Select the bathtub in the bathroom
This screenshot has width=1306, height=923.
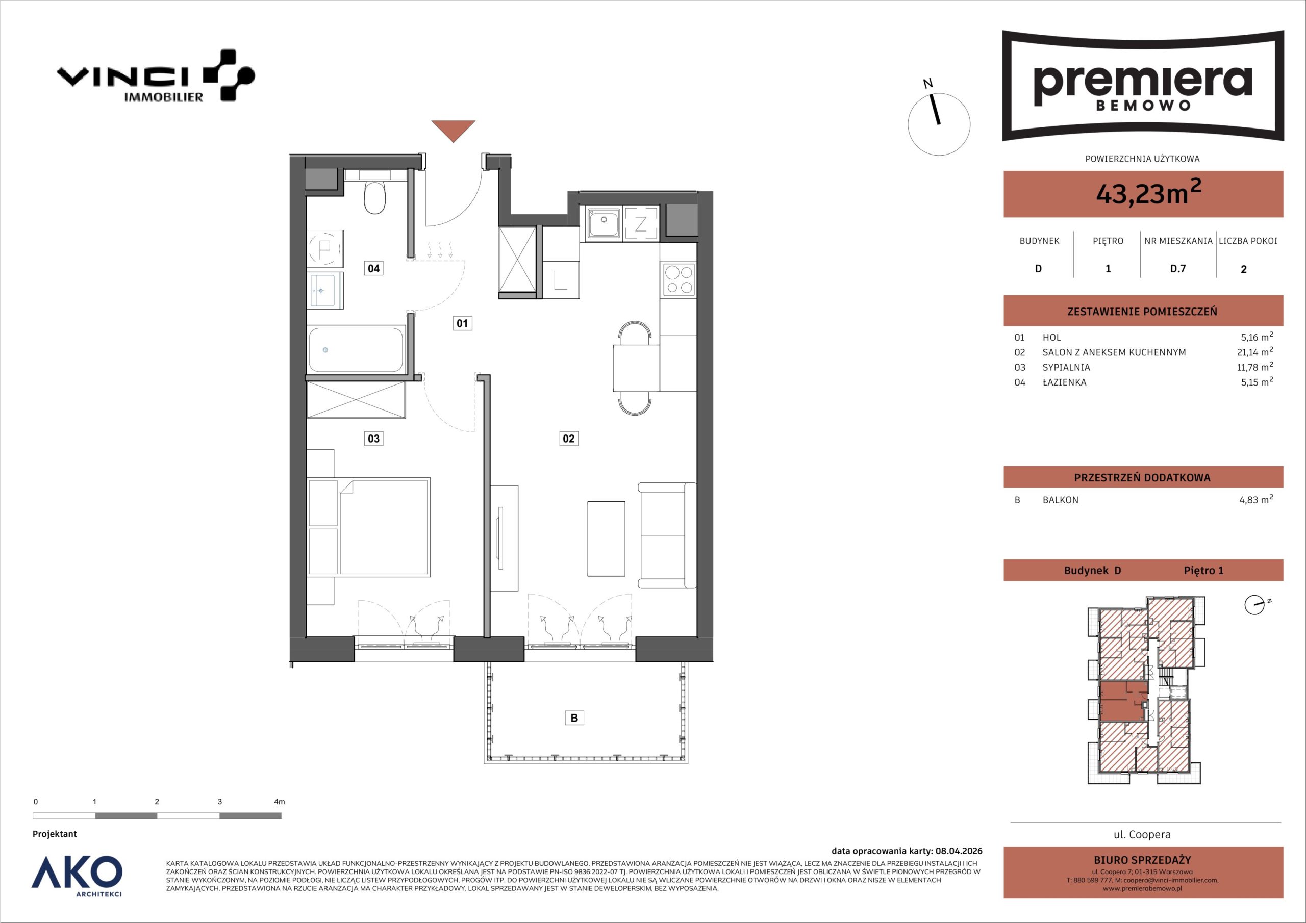(356, 350)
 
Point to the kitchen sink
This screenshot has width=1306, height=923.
(604, 222)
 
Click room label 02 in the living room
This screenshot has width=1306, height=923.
(568, 439)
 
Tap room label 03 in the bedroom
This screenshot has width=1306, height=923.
(373, 439)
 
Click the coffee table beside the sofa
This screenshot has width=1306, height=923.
(606, 539)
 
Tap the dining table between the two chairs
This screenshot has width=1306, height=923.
(636, 368)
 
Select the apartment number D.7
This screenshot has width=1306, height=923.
(1177, 268)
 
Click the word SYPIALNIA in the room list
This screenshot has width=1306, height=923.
(1066, 367)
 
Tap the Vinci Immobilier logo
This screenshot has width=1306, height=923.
(155, 75)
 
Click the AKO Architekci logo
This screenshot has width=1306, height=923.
(77, 877)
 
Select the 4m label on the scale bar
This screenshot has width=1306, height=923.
(279, 802)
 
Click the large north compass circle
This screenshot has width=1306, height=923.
(939, 124)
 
